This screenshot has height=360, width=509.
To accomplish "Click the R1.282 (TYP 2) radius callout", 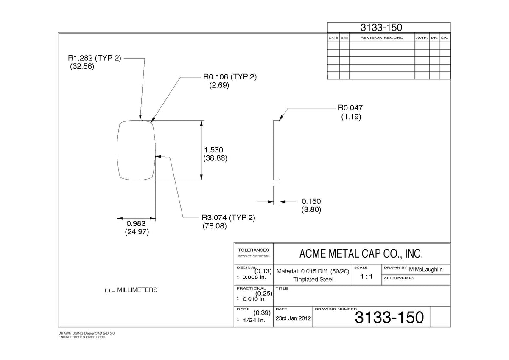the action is (x=95, y=58).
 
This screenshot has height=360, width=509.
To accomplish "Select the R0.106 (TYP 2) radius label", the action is (x=230, y=77).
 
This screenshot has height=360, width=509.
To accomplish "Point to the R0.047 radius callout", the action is (x=350, y=107).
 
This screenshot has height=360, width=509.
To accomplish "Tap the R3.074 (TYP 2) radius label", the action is (x=229, y=218).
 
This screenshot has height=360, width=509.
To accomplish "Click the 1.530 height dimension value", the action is (x=214, y=150).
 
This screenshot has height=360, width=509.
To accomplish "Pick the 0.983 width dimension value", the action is (x=136, y=223).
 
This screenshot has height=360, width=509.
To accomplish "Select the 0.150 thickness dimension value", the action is (x=311, y=201).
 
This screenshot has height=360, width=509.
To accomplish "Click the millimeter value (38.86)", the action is (x=215, y=158).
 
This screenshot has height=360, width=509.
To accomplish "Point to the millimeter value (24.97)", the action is (x=137, y=232).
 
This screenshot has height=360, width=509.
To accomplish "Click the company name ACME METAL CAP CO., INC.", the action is (x=361, y=254).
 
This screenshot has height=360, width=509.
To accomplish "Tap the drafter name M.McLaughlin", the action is (x=426, y=270).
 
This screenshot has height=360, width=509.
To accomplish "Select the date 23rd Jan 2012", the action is (x=294, y=318).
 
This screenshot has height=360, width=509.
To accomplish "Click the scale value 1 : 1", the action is (x=366, y=276).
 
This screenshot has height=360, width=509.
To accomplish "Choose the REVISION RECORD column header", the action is (x=382, y=37).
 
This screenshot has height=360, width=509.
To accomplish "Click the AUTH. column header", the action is (x=422, y=37).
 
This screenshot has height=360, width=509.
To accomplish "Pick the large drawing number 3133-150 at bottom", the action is (x=389, y=317).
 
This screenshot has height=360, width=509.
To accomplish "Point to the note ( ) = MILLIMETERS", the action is (x=131, y=290).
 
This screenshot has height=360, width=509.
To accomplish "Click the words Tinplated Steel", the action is (x=313, y=279).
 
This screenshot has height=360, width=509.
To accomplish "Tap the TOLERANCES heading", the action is (x=253, y=250).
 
